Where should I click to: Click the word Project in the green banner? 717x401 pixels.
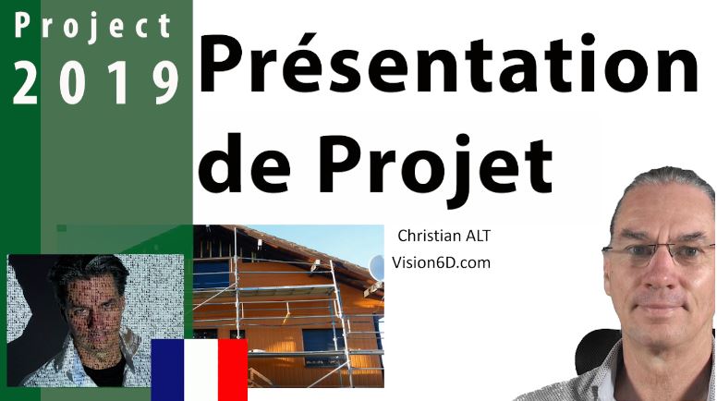tap(92, 27)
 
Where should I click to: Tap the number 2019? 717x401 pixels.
tap(95, 83)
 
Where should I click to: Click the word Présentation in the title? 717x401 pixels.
tap(449, 63)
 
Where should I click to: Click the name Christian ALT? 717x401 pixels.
tap(444, 236)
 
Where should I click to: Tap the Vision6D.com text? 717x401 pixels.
tap(441, 262)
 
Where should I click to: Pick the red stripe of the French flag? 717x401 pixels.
tap(233, 370)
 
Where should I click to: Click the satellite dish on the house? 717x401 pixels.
tap(377, 268)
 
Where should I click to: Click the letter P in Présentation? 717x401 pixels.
tap(220, 65)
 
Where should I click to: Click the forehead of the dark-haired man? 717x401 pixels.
tap(90, 285)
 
